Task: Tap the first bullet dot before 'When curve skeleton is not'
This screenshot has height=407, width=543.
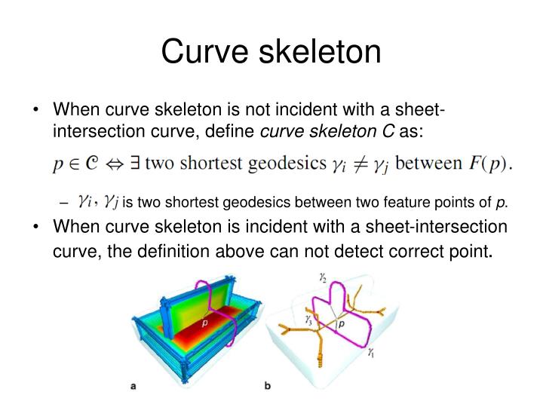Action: pyautogui.click(x=36, y=112)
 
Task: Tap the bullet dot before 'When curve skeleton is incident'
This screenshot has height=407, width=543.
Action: pyautogui.click(x=36, y=227)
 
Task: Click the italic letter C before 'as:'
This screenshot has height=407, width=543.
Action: pyautogui.click(x=388, y=132)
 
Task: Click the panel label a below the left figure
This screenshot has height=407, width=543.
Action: pyautogui.click(x=133, y=387)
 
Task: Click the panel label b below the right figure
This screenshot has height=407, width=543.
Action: pyautogui.click(x=268, y=387)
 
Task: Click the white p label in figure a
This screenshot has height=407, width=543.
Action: pyautogui.click(x=204, y=323)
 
